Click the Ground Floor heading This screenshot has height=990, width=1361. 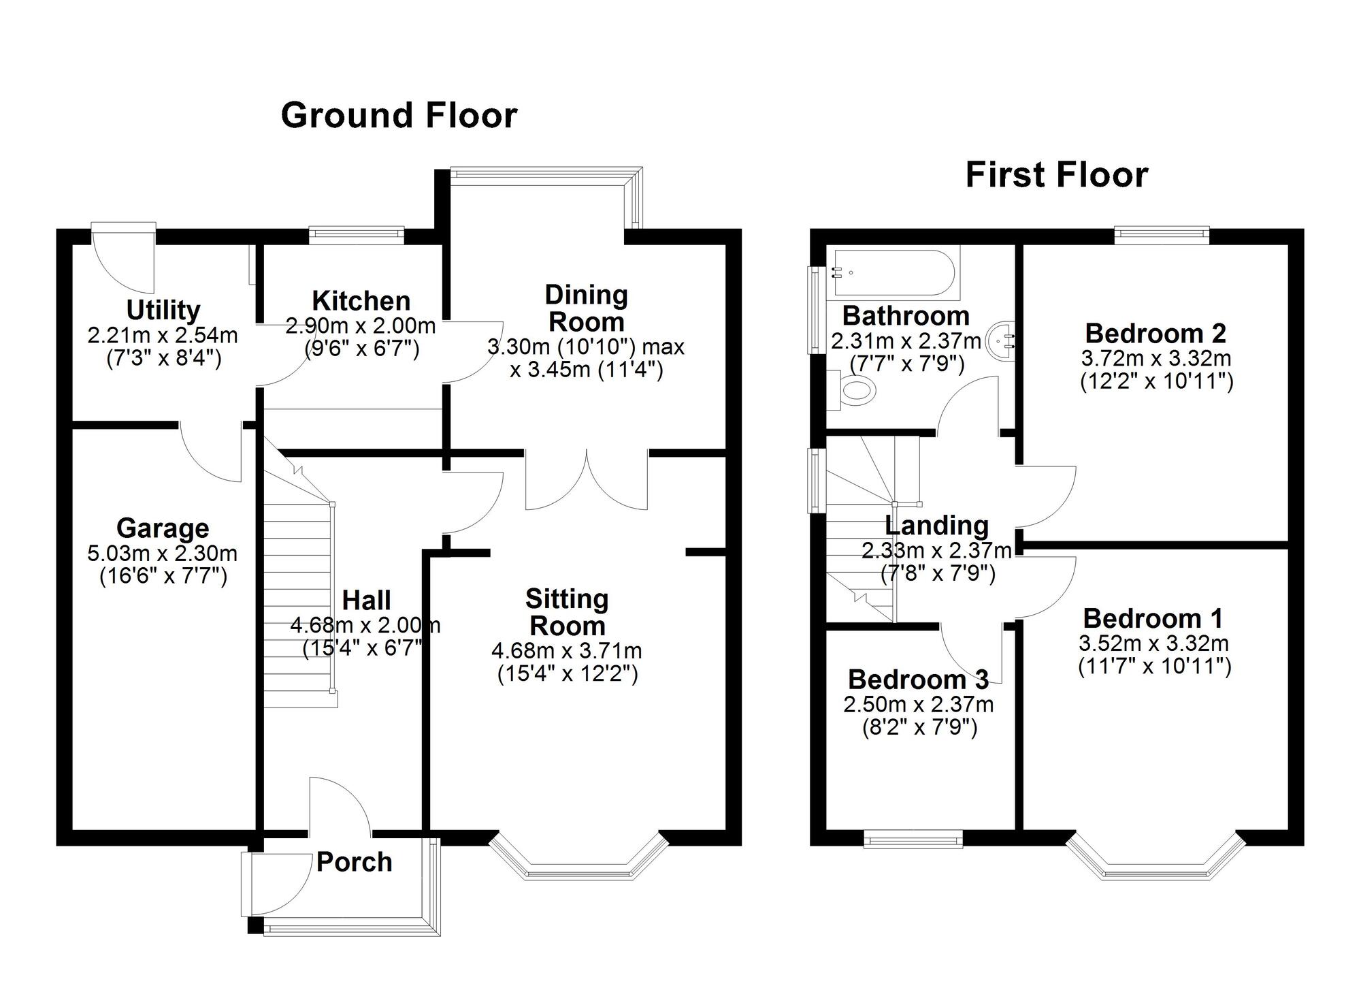pyautogui.click(x=399, y=115)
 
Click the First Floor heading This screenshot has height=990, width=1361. pyautogui.click(x=1056, y=174)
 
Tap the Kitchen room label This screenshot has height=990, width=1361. pyautogui.click(x=361, y=300)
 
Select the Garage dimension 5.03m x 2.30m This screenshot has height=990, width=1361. pyautogui.click(x=162, y=553)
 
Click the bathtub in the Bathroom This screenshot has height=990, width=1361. pyautogui.click(x=893, y=274)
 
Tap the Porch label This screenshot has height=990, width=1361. pyautogui.click(x=354, y=862)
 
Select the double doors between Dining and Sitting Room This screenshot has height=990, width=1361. pyautogui.click(x=587, y=480)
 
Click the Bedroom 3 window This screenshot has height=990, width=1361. pyautogui.click(x=913, y=839)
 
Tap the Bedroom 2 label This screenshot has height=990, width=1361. pyautogui.click(x=1155, y=333)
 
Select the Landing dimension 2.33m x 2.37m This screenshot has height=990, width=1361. pyautogui.click(x=936, y=550)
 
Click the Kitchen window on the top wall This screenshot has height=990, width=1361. pyautogui.click(x=356, y=235)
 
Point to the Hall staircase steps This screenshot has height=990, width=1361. pyautogui.click(x=297, y=599)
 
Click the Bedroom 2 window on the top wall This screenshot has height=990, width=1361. pyautogui.click(x=1162, y=235)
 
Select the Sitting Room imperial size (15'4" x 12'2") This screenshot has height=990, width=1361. pyautogui.click(x=567, y=674)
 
